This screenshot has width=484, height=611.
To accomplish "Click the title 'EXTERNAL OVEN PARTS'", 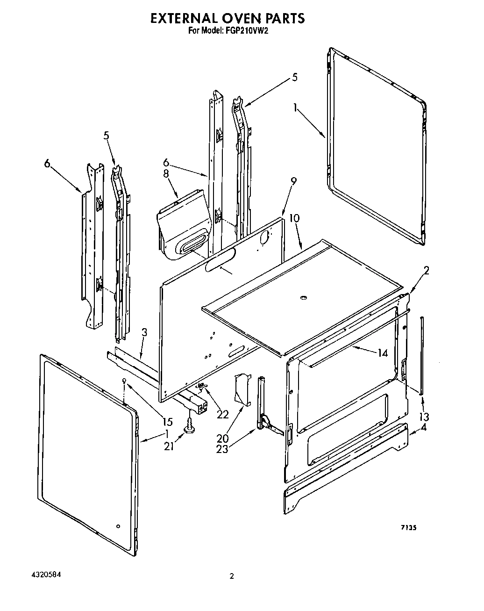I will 227,18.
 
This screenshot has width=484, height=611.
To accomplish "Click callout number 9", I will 293,181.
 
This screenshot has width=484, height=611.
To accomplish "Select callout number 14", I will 382,353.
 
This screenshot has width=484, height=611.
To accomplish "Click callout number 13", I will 424,416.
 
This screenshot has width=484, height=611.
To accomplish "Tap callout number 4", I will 423,427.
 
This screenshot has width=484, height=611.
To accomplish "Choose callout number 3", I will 144,333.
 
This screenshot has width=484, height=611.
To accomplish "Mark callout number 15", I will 168,422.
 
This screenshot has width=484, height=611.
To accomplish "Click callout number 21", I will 169,446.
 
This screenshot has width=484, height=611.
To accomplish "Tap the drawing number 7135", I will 407,527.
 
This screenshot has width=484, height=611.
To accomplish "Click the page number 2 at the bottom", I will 231,576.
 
